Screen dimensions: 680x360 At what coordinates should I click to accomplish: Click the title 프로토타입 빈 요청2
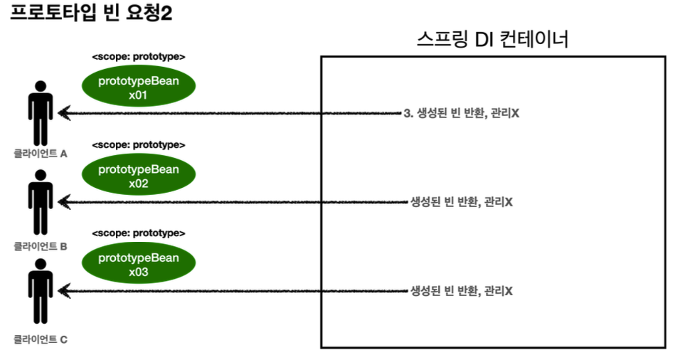(90, 15)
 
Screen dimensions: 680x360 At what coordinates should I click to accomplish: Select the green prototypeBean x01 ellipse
(138, 88)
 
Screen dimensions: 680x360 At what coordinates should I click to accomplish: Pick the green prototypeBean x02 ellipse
(138, 176)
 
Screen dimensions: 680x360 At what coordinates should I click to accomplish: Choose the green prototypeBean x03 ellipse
(138, 264)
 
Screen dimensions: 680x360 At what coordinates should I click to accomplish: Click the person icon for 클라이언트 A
(41, 114)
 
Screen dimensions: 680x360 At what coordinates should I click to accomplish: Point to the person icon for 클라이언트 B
(41, 202)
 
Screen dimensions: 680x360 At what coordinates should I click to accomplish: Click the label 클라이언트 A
(41, 153)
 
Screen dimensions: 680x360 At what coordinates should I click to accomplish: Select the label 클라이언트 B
(41, 246)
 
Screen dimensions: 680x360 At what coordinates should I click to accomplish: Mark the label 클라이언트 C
(41, 339)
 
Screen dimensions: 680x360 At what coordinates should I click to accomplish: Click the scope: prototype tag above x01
(139, 56)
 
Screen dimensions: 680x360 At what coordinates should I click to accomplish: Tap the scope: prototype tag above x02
(139, 144)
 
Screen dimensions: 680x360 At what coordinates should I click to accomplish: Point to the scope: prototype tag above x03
(139, 233)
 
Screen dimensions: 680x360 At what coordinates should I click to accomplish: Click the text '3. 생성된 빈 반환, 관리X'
(461, 114)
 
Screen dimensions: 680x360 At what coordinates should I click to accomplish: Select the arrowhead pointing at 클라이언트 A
(63, 112)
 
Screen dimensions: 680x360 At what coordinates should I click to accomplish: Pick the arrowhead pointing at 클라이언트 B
(63, 202)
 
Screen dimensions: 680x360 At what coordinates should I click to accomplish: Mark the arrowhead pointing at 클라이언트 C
(63, 290)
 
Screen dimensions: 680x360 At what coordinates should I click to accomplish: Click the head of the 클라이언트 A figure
(41, 87)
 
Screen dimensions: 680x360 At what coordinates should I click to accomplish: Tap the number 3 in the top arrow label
(406, 114)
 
